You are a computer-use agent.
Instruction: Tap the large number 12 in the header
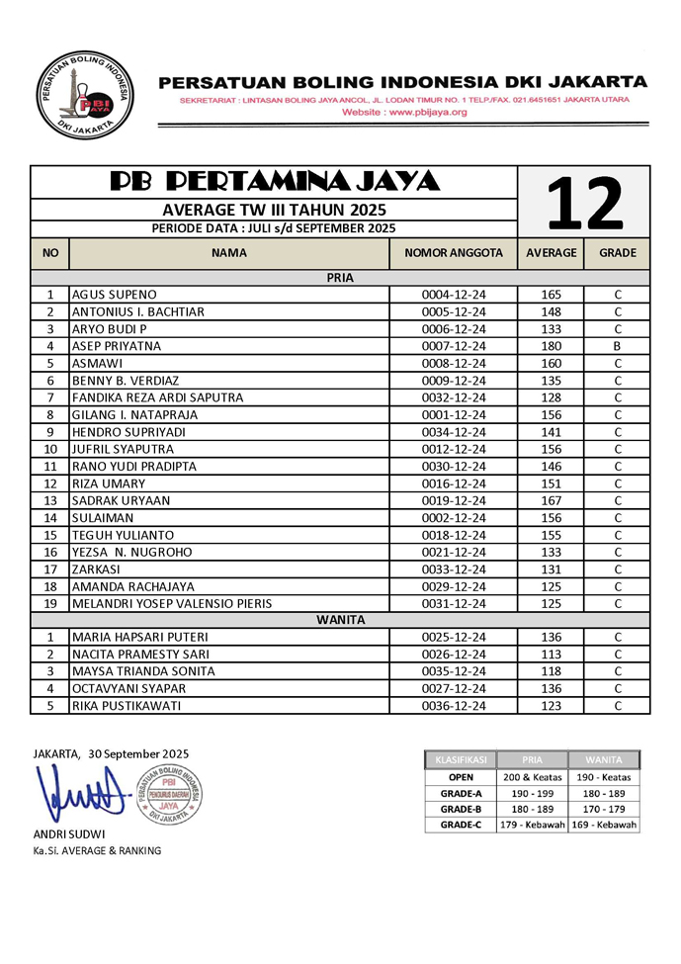coord(584,202)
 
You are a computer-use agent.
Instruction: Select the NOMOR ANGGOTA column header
coord(454,253)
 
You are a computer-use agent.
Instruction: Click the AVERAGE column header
coord(551,253)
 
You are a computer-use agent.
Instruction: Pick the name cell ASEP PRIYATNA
coord(115,346)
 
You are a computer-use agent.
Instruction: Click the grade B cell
coord(617,346)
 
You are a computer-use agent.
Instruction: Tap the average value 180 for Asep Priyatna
coord(551,346)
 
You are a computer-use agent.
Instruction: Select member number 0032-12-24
coord(454,397)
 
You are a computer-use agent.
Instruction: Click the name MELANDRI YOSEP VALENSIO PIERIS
coord(172,603)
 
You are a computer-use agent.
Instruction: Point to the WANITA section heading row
coord(340,620)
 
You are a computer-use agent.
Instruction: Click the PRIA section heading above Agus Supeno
coord(340,278)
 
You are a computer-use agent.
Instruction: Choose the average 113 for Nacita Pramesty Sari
coord(551,655)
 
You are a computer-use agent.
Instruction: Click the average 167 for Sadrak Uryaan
coord(551,500)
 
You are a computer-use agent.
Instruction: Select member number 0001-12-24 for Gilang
coord(454,414)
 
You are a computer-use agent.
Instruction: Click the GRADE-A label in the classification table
coord(461,793)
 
